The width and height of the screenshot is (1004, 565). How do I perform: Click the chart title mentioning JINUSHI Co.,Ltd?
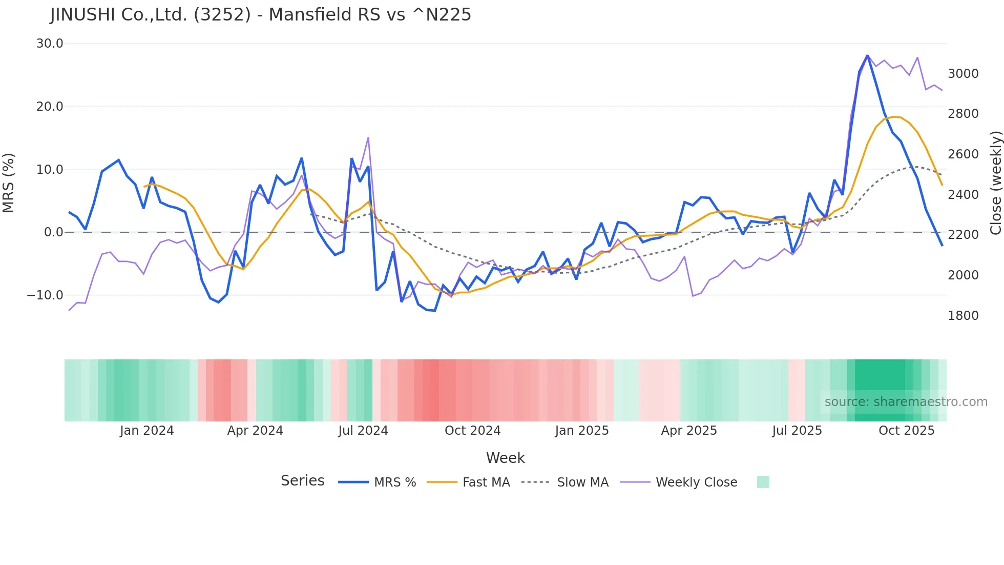click(x=260, y=15)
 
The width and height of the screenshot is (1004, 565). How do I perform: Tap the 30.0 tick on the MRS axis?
click(x=50, y=44)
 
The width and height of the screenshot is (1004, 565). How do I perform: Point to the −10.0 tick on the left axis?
click(x=45, y=295)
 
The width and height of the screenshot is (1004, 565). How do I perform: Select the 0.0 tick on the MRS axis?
click(x=53, y=232)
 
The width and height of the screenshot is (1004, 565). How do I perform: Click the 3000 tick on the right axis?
click(x=963, y=74)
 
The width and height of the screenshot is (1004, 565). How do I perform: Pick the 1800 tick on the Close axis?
click(x=963, y=316)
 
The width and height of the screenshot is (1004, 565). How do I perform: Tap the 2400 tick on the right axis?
click(x=963, y=195)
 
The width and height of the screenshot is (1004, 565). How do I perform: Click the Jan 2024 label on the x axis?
click(x=147, y=431)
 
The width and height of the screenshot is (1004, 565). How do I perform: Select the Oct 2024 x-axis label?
click(x=472, y=431)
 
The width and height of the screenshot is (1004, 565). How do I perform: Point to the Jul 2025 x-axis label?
click(x=797, y=431)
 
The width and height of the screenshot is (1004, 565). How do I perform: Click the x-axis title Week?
click(x=505, y=458)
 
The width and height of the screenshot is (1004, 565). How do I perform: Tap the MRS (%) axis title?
click(x=9, y=183)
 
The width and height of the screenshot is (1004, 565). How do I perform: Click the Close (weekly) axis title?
click(x=995, y=183)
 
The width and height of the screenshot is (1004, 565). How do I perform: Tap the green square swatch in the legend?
click(x=763, y=482)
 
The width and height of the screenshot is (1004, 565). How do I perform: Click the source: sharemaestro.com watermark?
click(x=906, y=402)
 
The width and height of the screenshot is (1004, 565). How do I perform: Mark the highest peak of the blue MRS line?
click(x=867, y=55)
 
